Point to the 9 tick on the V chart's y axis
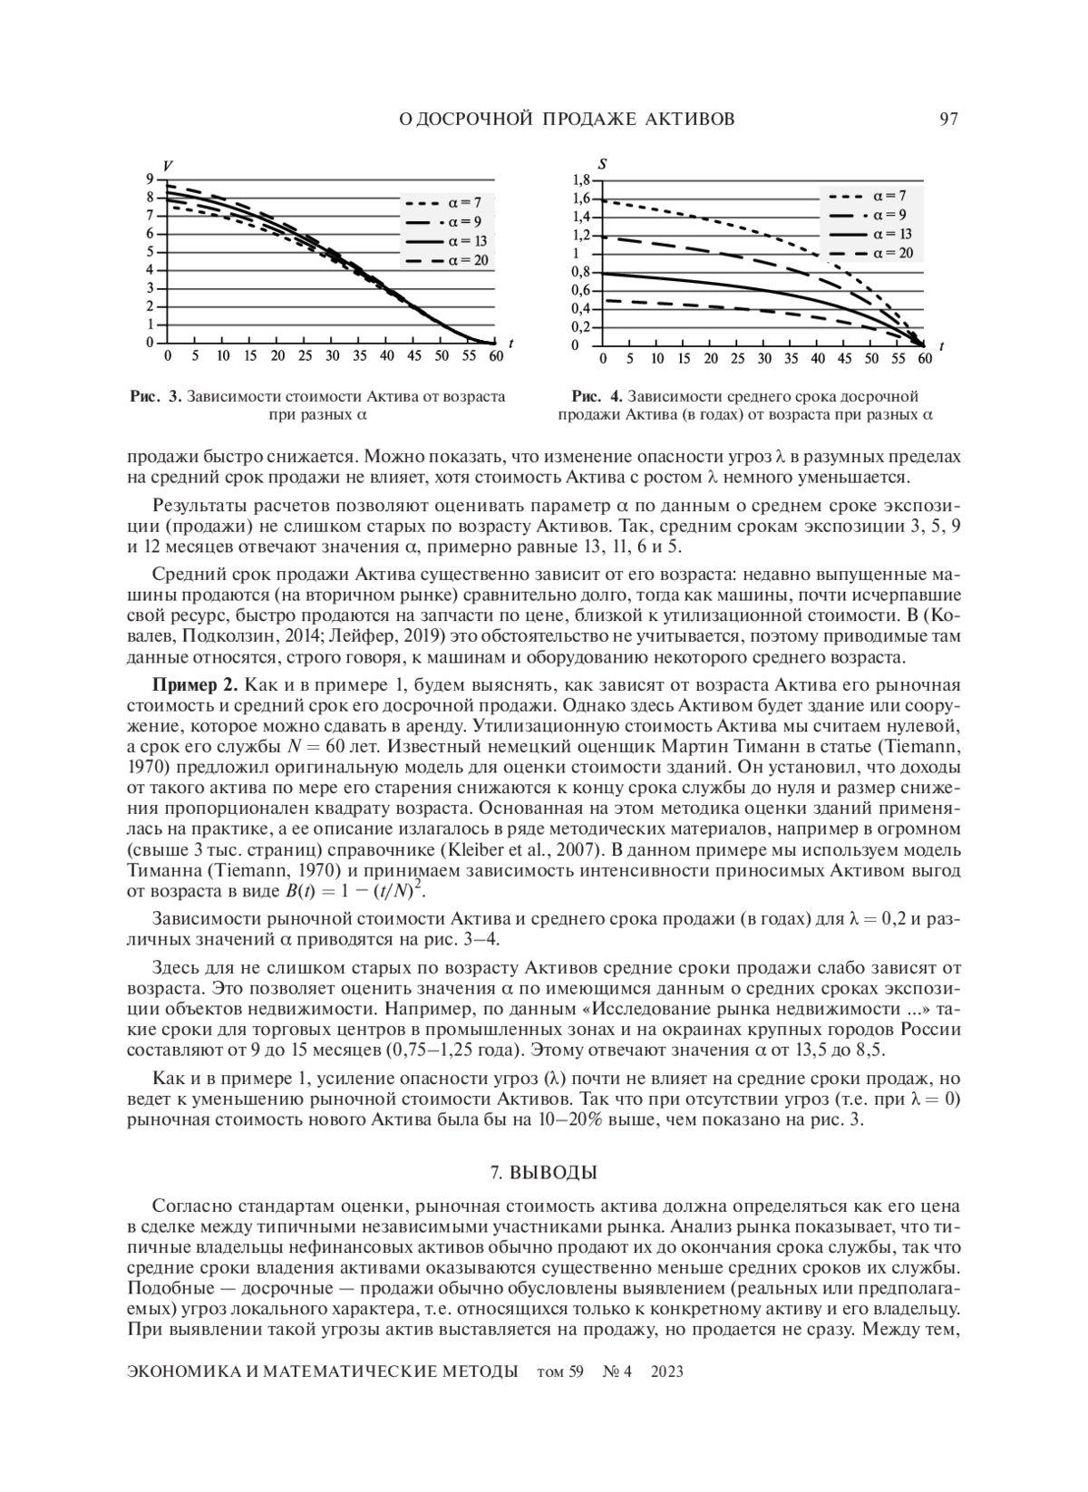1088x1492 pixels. click(x=149, y=179)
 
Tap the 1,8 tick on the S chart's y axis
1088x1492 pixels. click(x=581, y=179)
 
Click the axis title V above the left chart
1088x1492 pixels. click(x=168, y=164)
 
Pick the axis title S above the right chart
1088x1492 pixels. click(x=603, y=164)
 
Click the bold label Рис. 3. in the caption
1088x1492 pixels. click(x=156, y=397)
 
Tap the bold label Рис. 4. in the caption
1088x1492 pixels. click(x=597, y=397)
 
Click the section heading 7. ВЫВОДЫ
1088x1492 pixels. click(x=543, y=1172)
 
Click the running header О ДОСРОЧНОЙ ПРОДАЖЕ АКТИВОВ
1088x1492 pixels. click(x=567, y=119)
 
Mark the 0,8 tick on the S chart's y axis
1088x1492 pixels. click(x=581, y=272)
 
